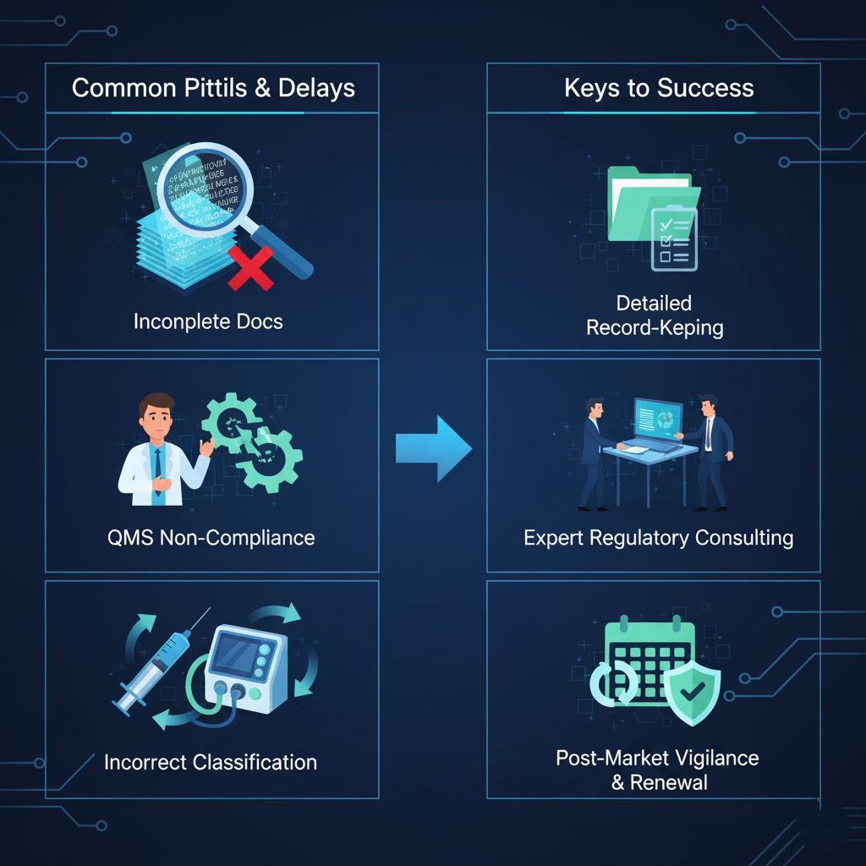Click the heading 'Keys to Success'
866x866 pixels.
[659, 88]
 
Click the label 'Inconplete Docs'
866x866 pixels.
[208, 321]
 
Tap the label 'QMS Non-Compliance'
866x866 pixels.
[211, 537]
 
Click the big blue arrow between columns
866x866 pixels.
[433, 448]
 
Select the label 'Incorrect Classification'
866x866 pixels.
[211, 761]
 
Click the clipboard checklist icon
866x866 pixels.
[674, 240]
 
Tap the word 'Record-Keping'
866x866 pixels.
[655, 327]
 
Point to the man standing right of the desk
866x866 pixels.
[712, 452]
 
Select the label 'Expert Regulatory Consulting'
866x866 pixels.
[658, 538]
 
